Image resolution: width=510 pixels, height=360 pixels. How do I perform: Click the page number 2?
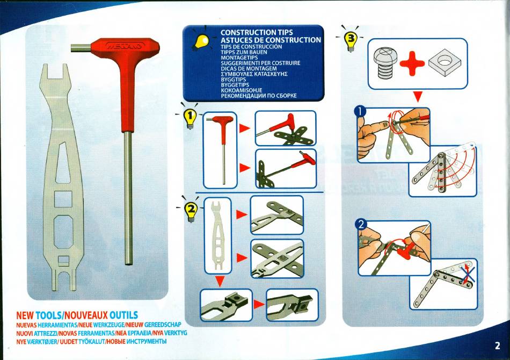pos(497,345)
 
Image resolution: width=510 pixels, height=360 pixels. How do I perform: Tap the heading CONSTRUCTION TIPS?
pos(257,32)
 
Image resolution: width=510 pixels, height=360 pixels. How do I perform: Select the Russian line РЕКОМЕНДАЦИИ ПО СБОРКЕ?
pos(259,96)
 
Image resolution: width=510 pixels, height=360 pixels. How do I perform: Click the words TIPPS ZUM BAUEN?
pos(244,52)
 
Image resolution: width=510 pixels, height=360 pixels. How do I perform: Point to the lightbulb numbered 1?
pos(190,117)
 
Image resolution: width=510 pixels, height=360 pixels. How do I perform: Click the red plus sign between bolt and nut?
pos(412,63)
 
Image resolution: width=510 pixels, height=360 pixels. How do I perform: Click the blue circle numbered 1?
pos(360,112)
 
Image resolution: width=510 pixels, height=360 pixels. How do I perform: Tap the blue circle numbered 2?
pos(361,224)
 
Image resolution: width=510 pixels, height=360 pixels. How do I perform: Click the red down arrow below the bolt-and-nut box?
pos(418,97)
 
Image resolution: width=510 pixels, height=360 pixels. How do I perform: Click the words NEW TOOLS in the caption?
pos(39,315)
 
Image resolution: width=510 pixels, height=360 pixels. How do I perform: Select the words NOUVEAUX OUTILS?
pos(101,315)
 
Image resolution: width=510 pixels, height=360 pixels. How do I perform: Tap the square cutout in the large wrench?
pos(63,199)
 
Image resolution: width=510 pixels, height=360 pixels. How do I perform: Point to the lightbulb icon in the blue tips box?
pos(201,41)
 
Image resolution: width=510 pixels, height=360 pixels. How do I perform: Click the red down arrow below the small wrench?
pos(220,282)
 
